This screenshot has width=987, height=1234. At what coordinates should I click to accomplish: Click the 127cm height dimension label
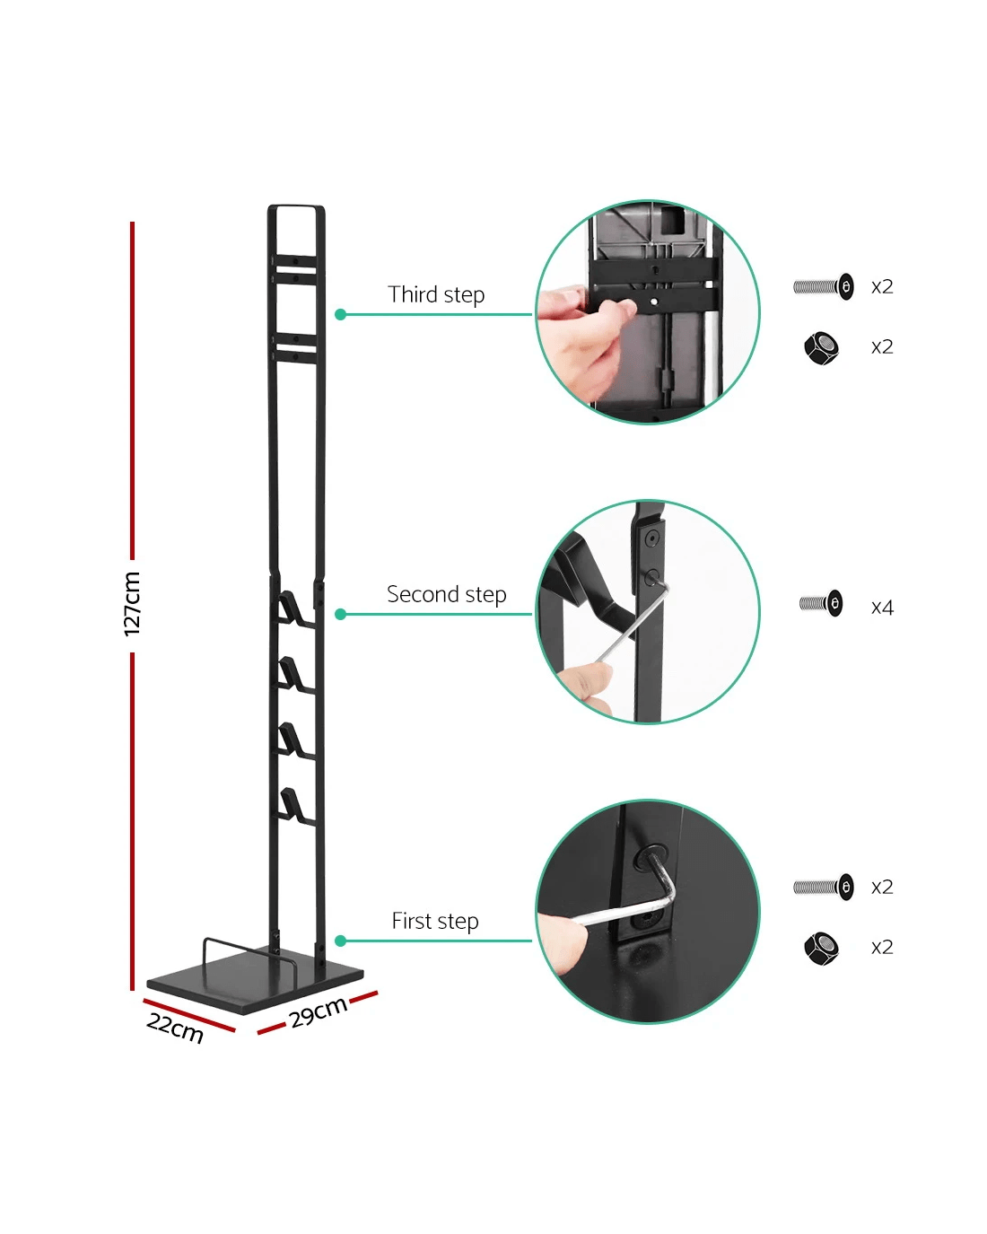click(131, 604)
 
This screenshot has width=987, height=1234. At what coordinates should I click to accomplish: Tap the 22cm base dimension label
click(174, 1028)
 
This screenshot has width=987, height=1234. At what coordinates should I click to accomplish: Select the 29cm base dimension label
click(319, 1012)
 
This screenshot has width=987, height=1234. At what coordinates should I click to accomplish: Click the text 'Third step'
click(436, 294)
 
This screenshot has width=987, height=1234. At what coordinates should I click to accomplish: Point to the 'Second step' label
click(446, 595)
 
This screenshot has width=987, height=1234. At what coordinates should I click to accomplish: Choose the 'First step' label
click(434, 922)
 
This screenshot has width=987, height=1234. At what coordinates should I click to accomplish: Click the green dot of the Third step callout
click(340, 314)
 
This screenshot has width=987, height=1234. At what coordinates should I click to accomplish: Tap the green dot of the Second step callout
click(340, 614)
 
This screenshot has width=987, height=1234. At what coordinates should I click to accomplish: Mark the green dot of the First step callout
click(340, 941)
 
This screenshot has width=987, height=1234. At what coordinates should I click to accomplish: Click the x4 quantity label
click(882, 608)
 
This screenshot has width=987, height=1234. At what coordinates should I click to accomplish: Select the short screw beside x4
click(821, 603)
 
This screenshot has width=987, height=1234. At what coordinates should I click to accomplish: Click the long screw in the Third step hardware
click(824, 286)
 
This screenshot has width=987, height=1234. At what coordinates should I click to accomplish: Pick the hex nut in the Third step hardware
click(821, 347)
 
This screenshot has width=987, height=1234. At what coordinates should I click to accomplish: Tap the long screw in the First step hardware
click(824, 887)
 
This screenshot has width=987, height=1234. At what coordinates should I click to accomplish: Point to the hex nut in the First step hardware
click(821, 949)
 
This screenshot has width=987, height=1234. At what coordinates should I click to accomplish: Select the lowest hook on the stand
click(293, 807)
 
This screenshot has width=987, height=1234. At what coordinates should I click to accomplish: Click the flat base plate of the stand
click(255, 984)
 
